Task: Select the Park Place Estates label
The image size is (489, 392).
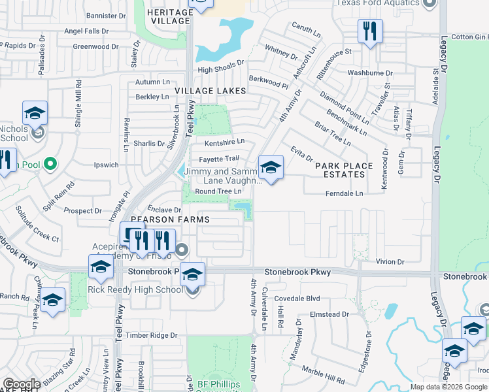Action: coord(343,170)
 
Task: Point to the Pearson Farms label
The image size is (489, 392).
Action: coord(162,220)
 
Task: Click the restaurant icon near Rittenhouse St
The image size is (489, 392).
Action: coord(370,31)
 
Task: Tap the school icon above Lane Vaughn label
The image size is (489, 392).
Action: coord(271,167)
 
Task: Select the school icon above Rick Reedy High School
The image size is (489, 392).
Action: coord(192,274)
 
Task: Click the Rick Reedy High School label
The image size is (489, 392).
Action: coord(135,290)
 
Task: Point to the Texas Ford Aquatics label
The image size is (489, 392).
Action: coord(378,3)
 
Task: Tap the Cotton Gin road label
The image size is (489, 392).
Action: coord(469,37)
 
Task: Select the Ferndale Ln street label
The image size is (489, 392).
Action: coord(344,194)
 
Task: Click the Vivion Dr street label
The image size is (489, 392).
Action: coord(390,261)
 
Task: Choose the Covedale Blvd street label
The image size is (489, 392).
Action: coord(297,299)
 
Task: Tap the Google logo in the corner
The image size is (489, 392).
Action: coord(22,385)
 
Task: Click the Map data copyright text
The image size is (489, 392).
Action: coord(448,387)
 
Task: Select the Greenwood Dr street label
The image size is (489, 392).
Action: coord(95,47)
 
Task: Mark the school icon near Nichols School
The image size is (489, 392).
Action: coord(35,114)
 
